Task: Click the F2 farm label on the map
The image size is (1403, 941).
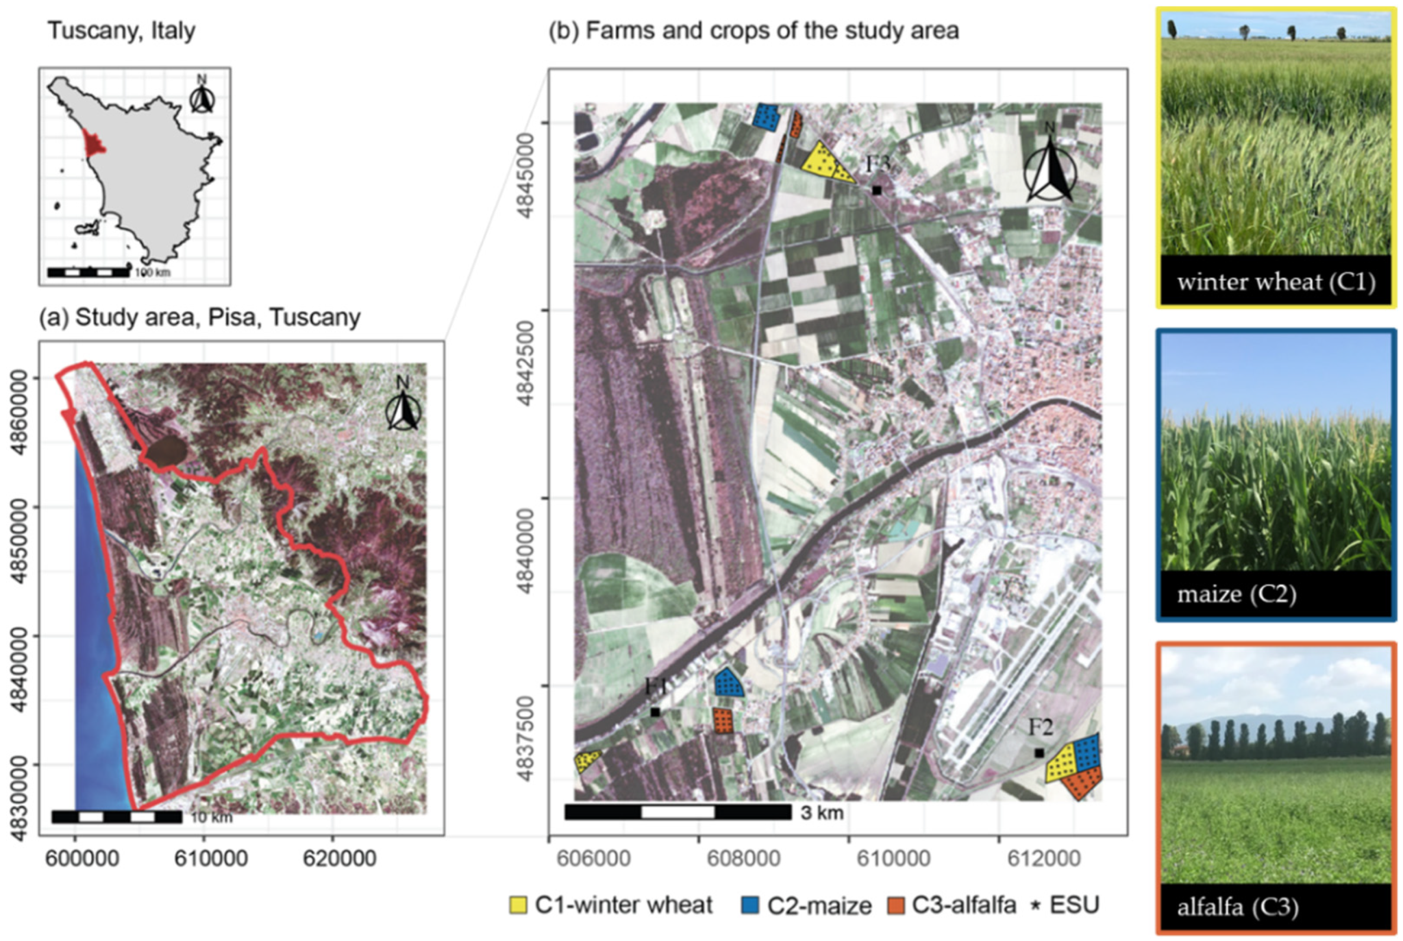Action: [x=1041, y=727]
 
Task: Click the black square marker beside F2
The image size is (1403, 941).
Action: [x=1040, y=753]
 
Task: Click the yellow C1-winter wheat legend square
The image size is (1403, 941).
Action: [x=518, y=905]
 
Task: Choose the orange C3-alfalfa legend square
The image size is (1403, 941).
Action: [x=895, y=905]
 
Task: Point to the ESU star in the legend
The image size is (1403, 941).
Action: [x=1035, y=905]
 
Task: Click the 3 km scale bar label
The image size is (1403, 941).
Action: [x=821, y=813]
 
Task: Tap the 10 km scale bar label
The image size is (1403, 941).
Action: [x=211, y=818]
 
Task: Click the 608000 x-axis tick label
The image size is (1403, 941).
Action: [x=743, y=858]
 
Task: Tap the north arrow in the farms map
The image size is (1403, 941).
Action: [x=1049, y=169]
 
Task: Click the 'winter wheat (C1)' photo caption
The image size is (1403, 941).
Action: [x=1276, y=281]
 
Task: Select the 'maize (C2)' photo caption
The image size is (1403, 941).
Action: [x=1237, y=594]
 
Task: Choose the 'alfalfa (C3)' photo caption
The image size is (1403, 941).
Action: [x=1238, y=907]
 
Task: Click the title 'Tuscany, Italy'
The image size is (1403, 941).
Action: [x=121, y=30]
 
